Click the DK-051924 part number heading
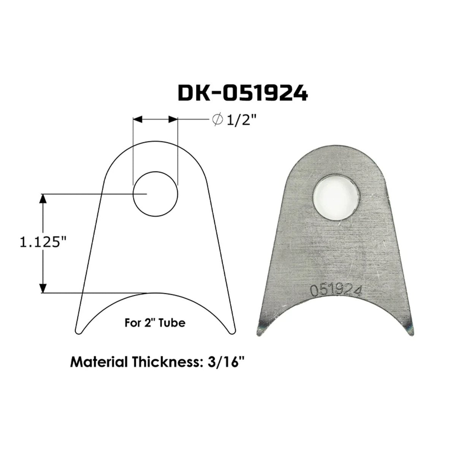click(x=243, y=93)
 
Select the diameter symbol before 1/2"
click(x=218, y=120)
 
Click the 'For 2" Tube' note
click(x=155, y=323)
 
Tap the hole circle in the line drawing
click(x=155, y=194)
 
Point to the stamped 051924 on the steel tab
click(x=336, y=291)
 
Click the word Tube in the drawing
click(x=175, y=323)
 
